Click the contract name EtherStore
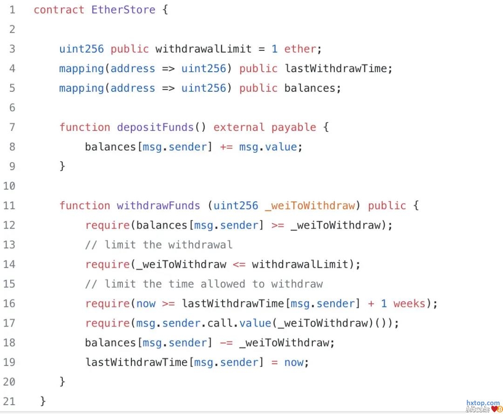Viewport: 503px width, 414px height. click(x=123, y=10)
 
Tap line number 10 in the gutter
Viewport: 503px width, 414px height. click(x=9, y=186)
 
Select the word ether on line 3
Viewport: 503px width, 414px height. click(x=300, y=49)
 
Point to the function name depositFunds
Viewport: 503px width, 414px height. click(x=155, y=127)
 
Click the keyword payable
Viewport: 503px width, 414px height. click(x=293, y=127)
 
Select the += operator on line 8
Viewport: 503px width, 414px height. click(x=226, y=147)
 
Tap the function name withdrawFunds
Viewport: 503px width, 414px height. click(x=158, y=205)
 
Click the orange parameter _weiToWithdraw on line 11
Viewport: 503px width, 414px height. click(x=309, y=205)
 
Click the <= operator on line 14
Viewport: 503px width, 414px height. click(x=239, y=265)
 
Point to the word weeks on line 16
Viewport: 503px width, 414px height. click(x=409, y=304)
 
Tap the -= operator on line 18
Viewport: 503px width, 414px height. click(x=226, y=343)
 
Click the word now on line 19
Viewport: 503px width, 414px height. click(x=293, y=362)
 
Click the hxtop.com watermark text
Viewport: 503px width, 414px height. click(x=483, y=403)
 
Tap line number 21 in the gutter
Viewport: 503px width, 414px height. click(x=9, y=401)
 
